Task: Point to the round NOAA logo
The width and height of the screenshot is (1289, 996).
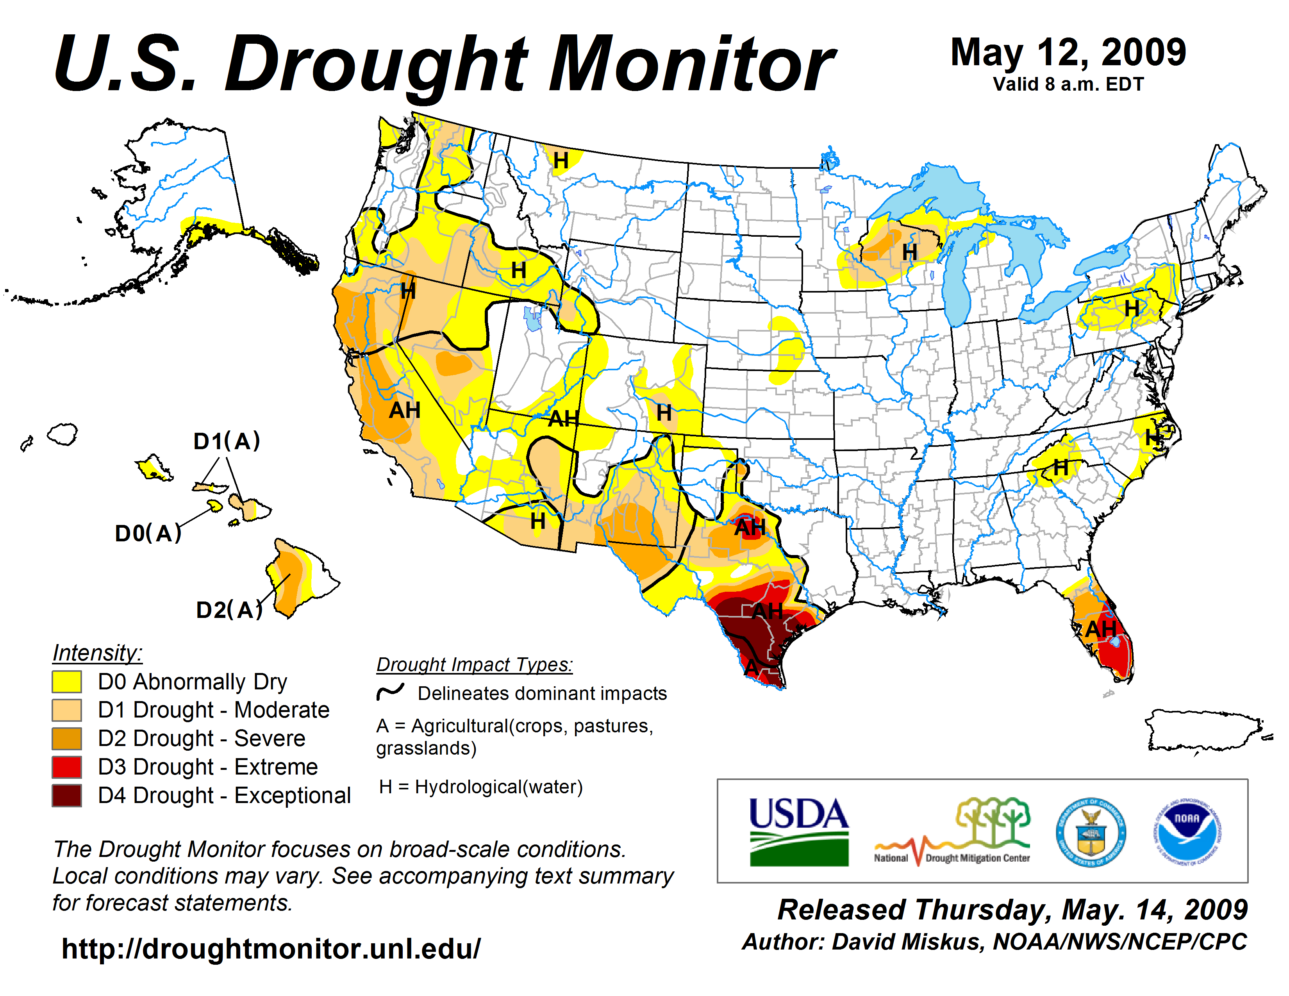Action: coord(1187,832)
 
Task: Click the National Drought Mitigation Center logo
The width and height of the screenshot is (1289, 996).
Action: coord(952,832)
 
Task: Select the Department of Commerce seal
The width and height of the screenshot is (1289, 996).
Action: coord(1091,832)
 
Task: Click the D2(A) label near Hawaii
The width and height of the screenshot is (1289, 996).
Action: coord(229,610)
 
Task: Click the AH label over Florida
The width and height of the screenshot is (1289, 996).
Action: coord(1101,630)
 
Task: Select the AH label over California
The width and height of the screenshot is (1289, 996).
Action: coord(405,410)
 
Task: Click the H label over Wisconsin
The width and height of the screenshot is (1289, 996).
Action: coord(909,253)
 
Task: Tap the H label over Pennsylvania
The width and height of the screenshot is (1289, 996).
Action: coord(1132,308)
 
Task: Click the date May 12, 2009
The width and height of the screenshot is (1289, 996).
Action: coord(1068,52)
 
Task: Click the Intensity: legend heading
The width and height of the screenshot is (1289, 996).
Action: coord(97,653)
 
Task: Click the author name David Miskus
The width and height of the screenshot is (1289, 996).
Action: coord(908,942)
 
